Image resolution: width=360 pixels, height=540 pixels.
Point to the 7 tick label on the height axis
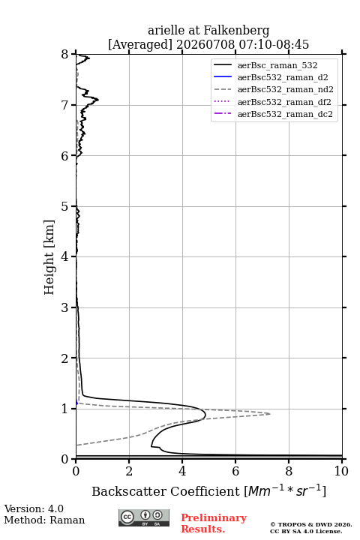(65, 105)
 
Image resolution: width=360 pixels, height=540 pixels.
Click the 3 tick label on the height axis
(65, 307)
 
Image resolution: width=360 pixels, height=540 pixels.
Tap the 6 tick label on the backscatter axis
(235, 471)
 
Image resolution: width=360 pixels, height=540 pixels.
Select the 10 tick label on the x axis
(341, 471)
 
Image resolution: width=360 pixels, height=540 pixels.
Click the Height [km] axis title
(49, 257)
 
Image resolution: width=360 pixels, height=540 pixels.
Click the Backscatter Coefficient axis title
(208, 491)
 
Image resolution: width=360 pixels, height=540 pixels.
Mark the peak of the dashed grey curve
(270, 413)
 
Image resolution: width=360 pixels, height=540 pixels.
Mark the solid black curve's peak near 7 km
(98, 100)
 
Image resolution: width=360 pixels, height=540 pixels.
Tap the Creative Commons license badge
(144, 518)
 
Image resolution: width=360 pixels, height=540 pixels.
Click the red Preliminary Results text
(214, 523)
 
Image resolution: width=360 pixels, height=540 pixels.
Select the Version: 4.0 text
(34, 509)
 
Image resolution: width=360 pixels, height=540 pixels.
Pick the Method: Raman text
(44, 520)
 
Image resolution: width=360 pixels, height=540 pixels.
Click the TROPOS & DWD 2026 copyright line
(311, 525)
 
